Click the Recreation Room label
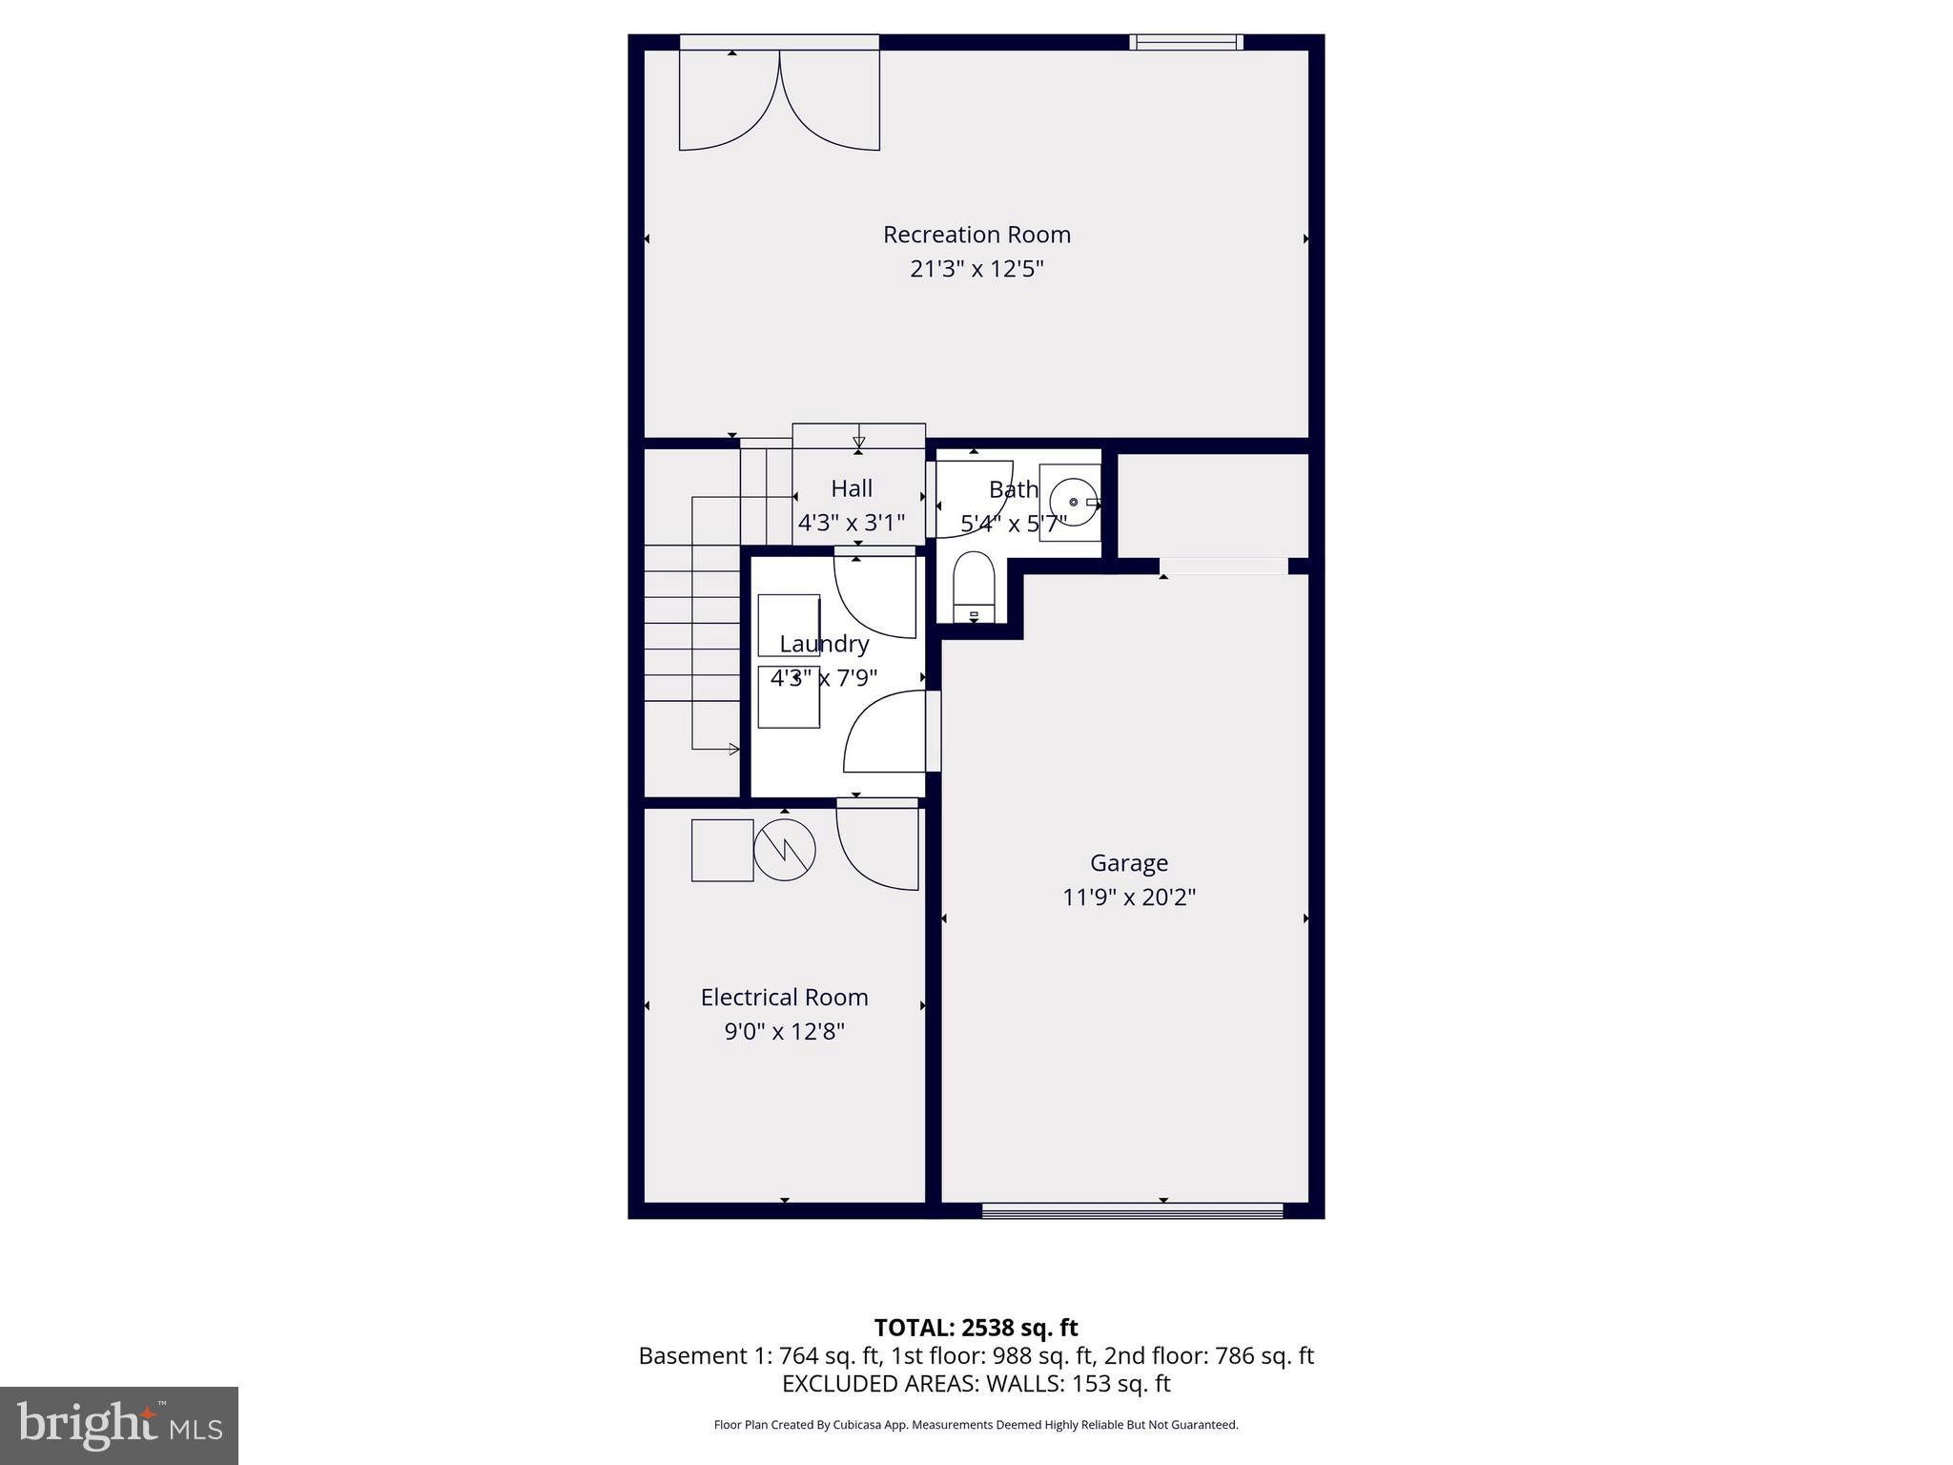tap(976, 235)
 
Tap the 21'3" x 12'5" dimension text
tap(976, 269)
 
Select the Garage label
tap(1128, 863)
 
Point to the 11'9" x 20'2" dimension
tap(1128, 898)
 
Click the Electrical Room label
tap(784, 998)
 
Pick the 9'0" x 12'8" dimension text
tap(784, 1032)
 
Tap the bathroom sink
tap(1072, 502)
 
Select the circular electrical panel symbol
tap(785, 850)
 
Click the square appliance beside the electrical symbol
tap(722, 850)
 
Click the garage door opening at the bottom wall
tap(1132, 1210)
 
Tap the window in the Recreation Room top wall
tap(1186, 42)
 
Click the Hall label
tap(851, 489)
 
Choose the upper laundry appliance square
tap(788, 625)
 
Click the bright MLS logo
tap(119, 1425)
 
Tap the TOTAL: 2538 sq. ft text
tap(976, 1328)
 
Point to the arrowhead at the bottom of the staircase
tap(733, 749)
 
